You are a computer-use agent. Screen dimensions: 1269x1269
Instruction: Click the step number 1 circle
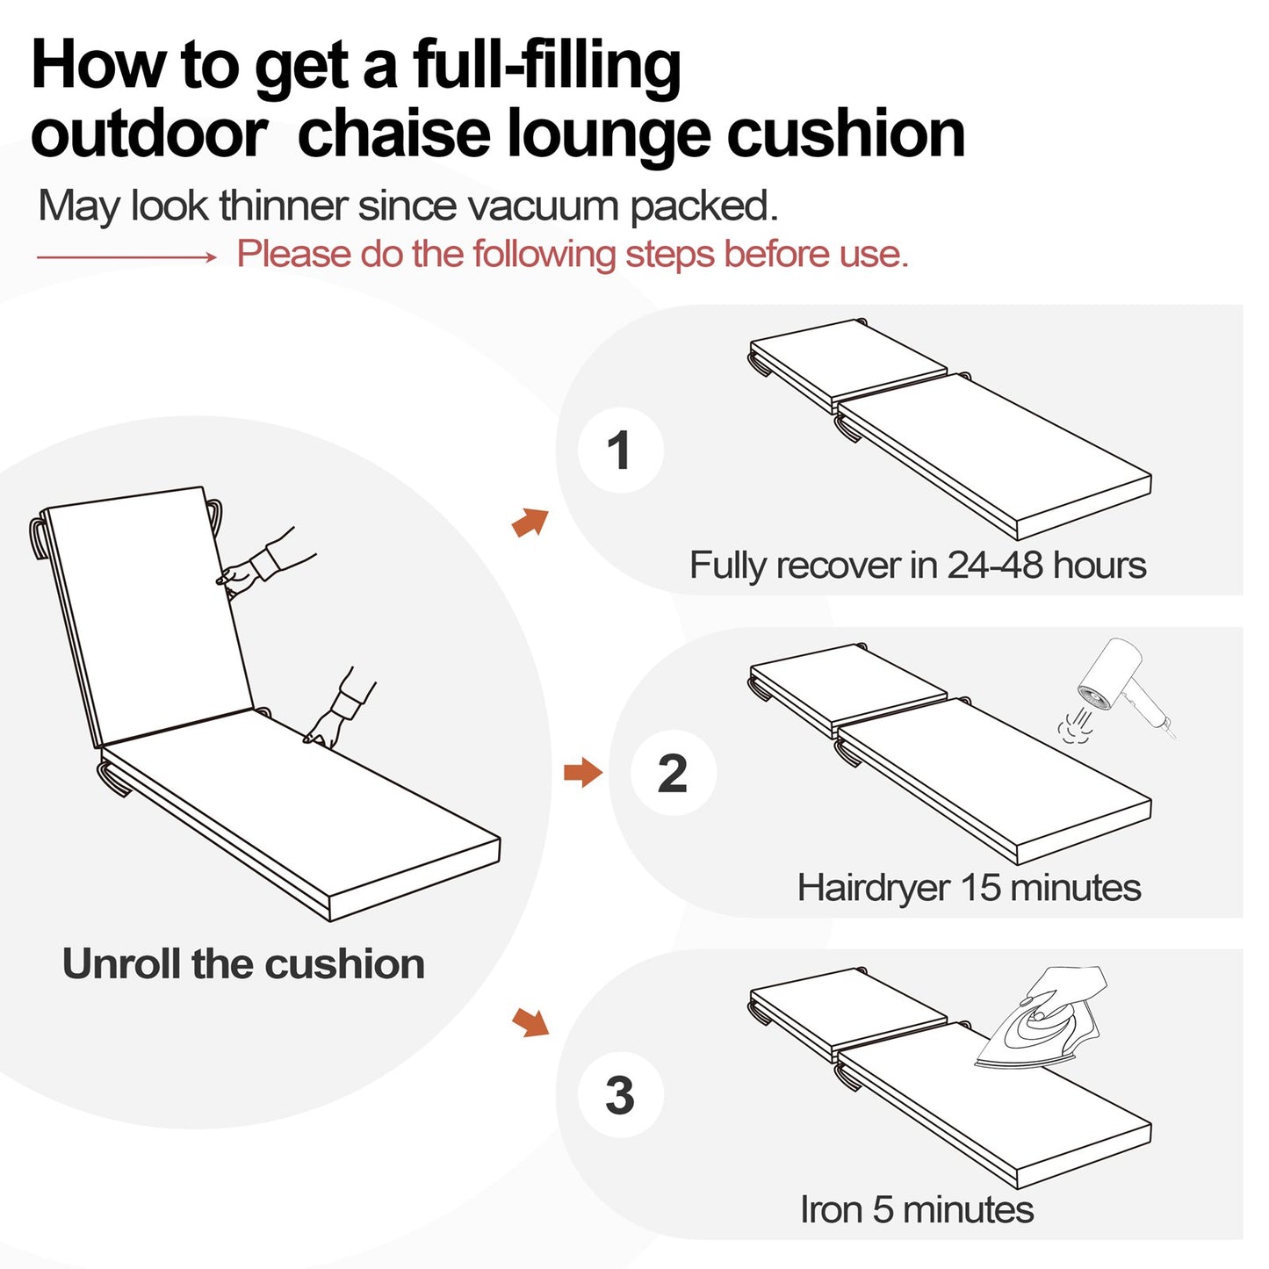tap(620, 450)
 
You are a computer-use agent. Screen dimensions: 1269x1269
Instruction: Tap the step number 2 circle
tap(673, 773)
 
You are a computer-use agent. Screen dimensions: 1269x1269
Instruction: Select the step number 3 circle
tap(620, 1095)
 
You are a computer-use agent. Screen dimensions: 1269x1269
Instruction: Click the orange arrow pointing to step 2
tap(582, 773)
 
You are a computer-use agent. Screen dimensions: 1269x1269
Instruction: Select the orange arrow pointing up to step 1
tap(530, 523)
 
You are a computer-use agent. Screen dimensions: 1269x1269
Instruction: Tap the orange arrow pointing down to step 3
tap(530, 1021)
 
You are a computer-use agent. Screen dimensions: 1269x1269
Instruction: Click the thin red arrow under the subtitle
tap(126, 256)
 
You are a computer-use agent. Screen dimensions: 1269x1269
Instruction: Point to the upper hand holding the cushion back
tap(259, 565)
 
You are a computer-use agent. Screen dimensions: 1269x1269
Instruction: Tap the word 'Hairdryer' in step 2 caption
tap(873, 888)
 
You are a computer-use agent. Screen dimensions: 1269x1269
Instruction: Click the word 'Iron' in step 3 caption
tap(831, 1210)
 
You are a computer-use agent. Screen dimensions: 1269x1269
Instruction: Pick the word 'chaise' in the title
tap(395, 133)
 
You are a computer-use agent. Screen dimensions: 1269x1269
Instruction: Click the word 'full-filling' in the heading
tap(546, 67)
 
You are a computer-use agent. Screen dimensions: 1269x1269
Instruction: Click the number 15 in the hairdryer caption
tap(981, 888)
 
